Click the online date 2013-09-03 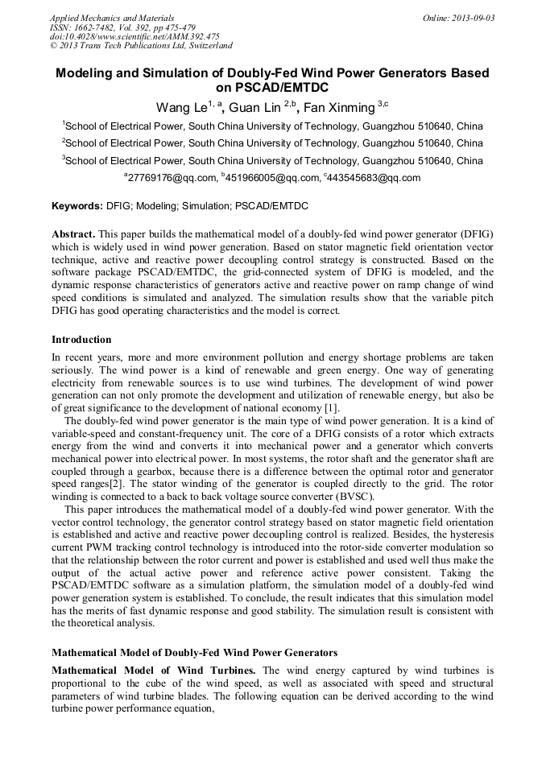pyautogui.click(x=471, y=18)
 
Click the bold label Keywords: pyautogui.click(x=77, y=206)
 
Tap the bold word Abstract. pyautogui.click(x=73, y=233)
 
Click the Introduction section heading pyautogui.click(x=81, y=340)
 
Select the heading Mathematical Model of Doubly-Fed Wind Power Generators pyautogui.click(x=194, y=652)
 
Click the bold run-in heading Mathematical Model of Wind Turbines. pyautogui.click(x=153, y=671)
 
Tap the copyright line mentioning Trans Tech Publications pyautogui.click(x=141, y=46)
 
